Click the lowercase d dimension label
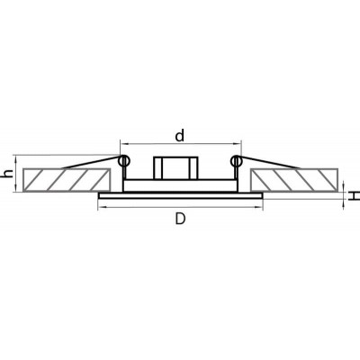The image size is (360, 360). (179, 136)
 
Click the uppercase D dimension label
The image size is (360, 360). (180, 220)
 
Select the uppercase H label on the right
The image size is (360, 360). (355, 196)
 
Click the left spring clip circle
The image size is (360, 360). (124, 161)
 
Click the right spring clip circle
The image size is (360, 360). (237, 161)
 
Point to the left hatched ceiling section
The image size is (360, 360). (67, 180)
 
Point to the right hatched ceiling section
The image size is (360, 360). (293, 180)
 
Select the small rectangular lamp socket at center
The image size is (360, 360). (175, 168)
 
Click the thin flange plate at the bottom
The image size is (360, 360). (180, 196)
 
